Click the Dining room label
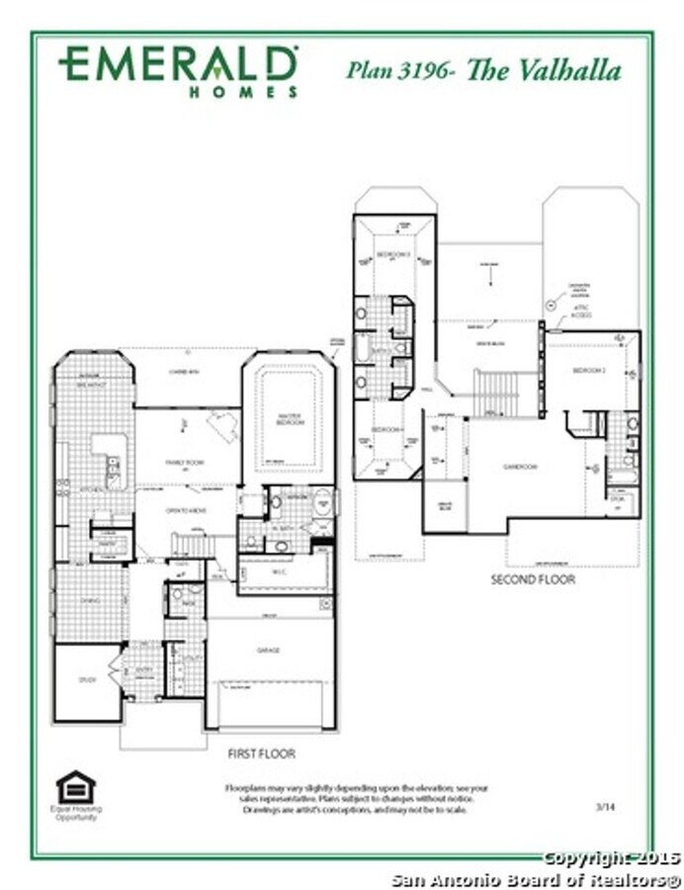pyautogui.click(x=91, y=599)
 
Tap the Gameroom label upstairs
pyautogui.click(x=519, y=466)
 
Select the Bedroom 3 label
pyautogui.click(x=393, y=254)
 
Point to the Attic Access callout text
pyautogui.click(x=581, y=312)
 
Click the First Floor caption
pyautogui.click(x=261, y=754)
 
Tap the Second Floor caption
pyautogui.click(x=533, y=579)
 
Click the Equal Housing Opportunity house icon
pyautogui.click(x=76, y=788)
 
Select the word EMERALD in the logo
pyautogui.click(x=178, y=64)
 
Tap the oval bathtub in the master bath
pyautogui.click(x=322, y=503)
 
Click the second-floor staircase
pyautogui.click(x=494, y=393)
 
